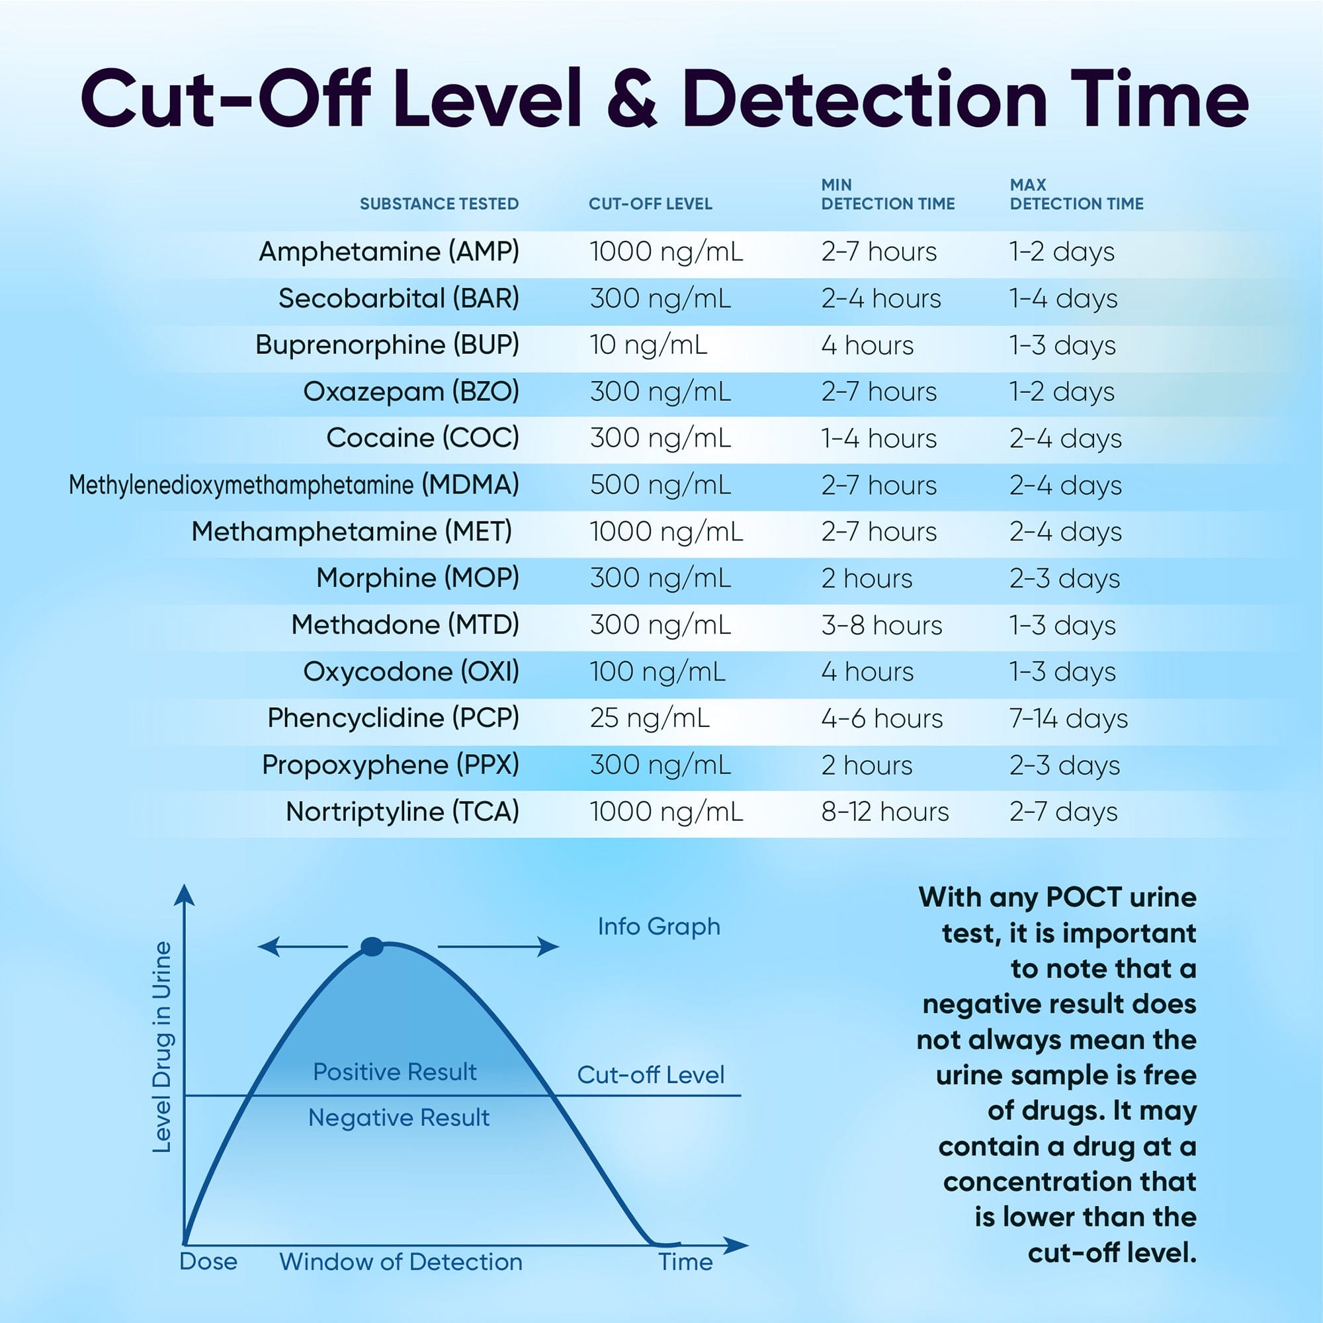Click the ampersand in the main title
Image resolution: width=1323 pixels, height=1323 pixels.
click(631, 99)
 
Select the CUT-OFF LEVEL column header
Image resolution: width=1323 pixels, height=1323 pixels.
click(650, 203)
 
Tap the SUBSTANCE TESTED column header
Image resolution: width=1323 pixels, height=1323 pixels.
click(439, 203)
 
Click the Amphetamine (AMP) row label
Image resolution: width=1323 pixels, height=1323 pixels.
click(388, 251)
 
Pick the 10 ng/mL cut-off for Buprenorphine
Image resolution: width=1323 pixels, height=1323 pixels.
click(648, 345)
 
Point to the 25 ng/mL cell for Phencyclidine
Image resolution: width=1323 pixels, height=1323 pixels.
click(649, 718)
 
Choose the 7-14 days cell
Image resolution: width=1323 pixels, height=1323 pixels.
click(1068, 718)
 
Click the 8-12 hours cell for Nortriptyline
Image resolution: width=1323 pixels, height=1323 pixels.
click(884, 812)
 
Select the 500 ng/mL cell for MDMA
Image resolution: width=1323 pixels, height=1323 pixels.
click(660, 485)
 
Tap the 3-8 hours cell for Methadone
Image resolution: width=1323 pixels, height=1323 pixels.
click(881, 625)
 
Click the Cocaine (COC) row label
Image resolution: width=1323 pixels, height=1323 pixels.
click(422, 437)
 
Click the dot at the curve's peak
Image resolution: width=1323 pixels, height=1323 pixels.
click(371, 947)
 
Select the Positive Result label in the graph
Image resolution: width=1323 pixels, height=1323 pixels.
click(394, 1072)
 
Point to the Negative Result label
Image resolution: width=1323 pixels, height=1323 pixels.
click(398, 1117)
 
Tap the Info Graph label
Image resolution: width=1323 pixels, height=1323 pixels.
click(659, 927)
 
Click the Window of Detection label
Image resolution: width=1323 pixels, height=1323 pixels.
click(401, 1261)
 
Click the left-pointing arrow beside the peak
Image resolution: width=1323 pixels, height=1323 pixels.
click(301, 947)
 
